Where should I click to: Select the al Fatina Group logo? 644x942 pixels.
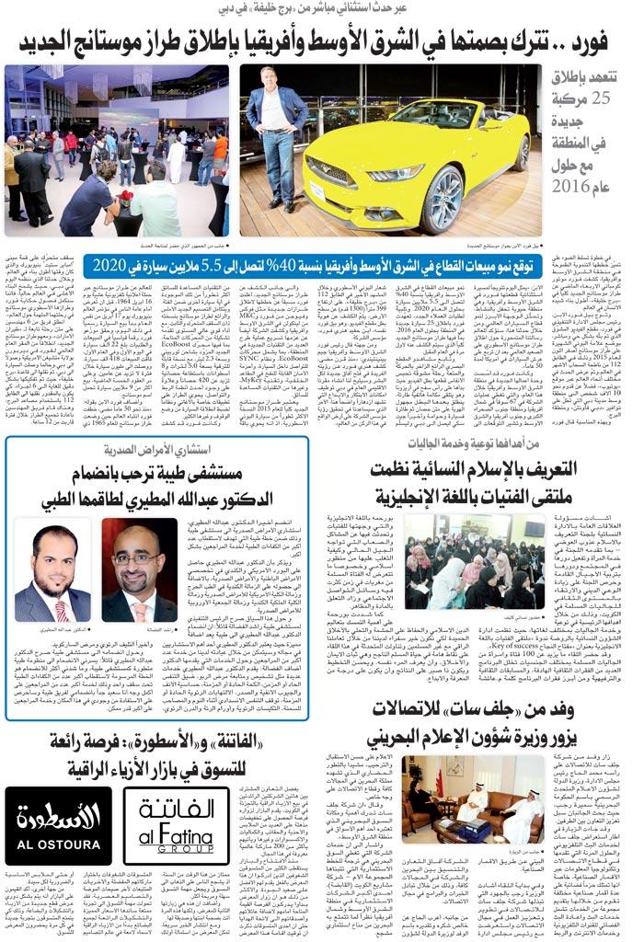[177, 825]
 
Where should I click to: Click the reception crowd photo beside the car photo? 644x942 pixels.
[116, 150]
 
